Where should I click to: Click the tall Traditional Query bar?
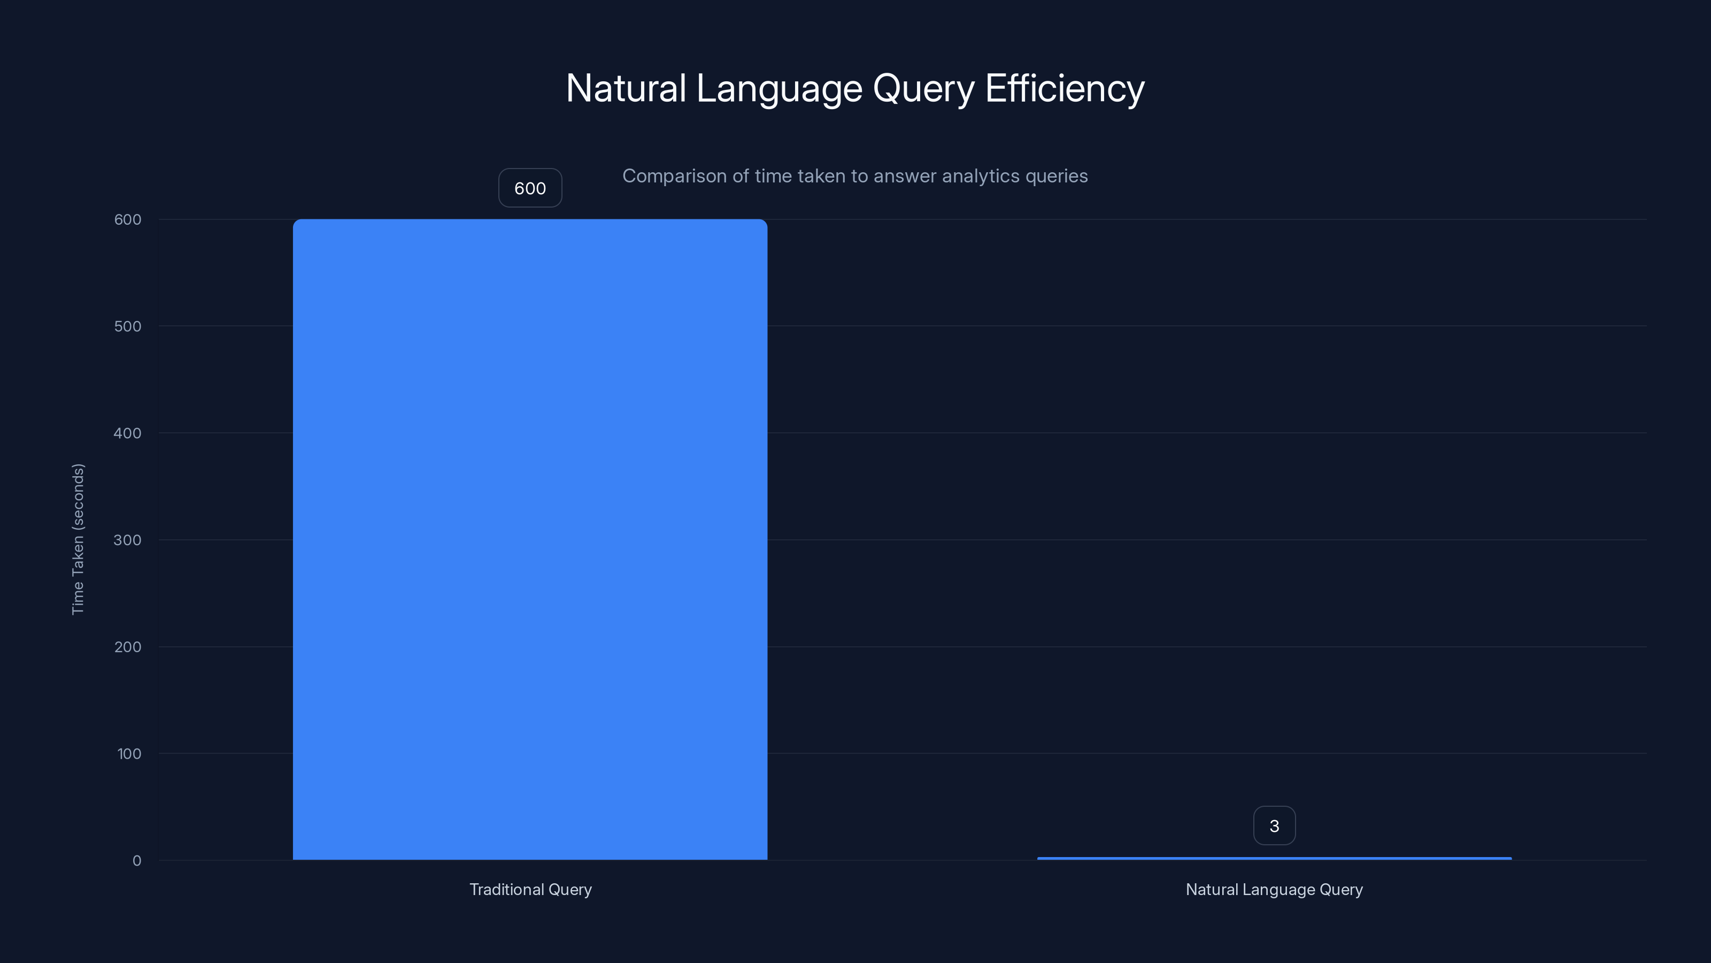(x=530, y=538)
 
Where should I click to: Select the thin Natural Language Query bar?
(x=1274, y=858)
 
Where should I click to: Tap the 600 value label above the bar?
(x=530, y=188)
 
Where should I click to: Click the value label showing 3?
(x=1274, y=826)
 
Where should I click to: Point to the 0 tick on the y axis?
(x=137, y=861)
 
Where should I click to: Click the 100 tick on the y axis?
(x=129, y=754)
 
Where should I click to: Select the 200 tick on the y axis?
(x=128, y=647)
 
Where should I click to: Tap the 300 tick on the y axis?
(x=128, y=540)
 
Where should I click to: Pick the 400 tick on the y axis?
(x=128, y=433)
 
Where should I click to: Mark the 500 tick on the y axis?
(x=128, y=326)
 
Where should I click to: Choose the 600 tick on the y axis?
(x=128, y=219)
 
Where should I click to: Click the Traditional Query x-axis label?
(x=530, y=889)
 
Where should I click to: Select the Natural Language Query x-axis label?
(x=1274, y=889)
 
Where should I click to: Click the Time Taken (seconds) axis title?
(x=78, y=539)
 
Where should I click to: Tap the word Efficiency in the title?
(x=1065, y=88)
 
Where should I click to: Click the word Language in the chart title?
(x=779, y=89)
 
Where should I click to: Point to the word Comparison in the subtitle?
(x=674, y=176)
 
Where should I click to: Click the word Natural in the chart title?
(x=626, y=88)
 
